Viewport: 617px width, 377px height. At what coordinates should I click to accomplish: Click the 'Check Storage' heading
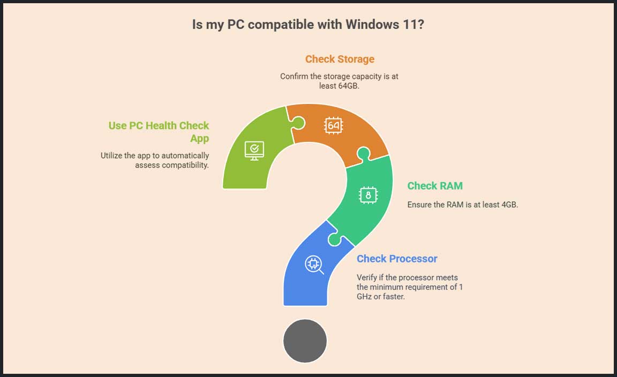click(x=340, y=59)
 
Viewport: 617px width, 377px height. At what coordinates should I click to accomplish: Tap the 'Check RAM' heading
click(x=435, y=186)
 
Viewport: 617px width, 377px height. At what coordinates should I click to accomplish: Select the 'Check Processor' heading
click(x=397, y=259)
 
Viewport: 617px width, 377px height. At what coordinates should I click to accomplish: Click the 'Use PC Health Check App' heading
click(x=159, y=132)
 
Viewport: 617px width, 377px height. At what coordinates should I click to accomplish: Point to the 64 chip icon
click(x=333, y=125)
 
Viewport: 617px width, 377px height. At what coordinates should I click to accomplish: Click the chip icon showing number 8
click(x=368, y=195)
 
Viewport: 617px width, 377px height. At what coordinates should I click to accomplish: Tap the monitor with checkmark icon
click(x=254, y=150)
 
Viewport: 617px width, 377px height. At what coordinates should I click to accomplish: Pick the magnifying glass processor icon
click(x=314, y=265)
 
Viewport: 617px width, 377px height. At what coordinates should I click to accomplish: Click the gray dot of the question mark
click(x=305, y=341)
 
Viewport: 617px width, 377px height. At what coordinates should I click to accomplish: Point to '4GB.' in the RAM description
click(x=509, y=205)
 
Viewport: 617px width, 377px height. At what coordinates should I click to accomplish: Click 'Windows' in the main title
click(x=372, y=25)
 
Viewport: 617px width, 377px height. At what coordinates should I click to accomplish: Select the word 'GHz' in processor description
click(x=364, y=297)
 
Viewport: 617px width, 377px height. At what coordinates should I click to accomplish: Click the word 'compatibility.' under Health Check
click(x=185, y=165)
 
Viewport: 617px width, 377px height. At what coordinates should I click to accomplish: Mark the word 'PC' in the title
click(x=236, y=25)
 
